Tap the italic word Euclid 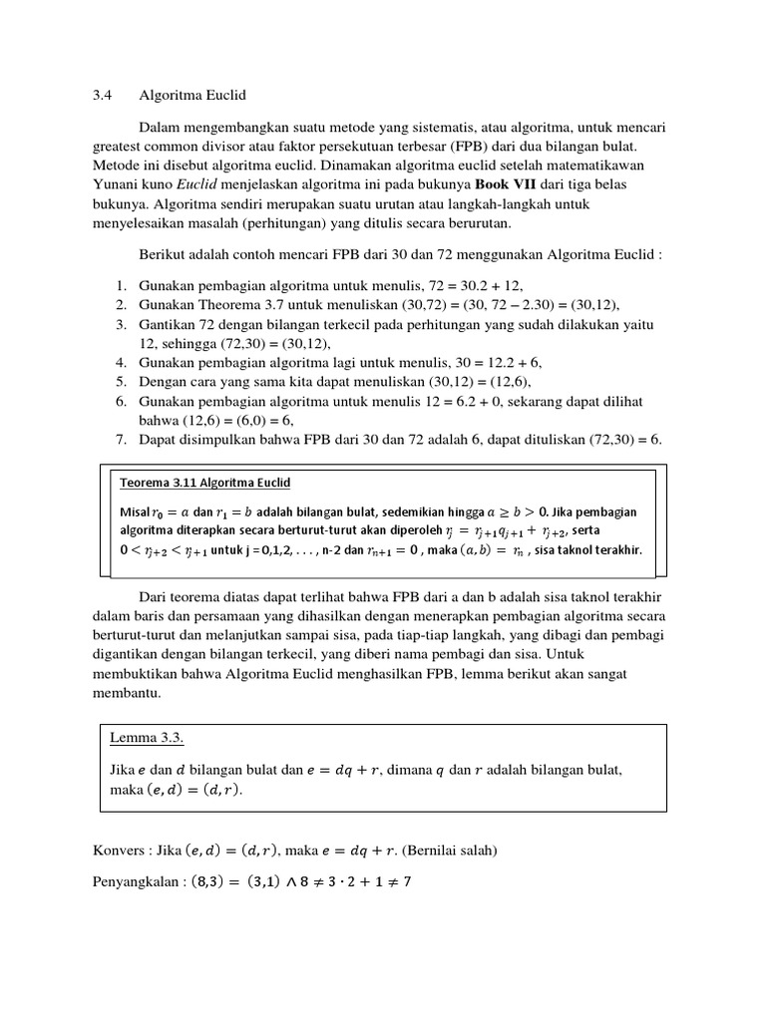pyautogui.click(x=195, y=185)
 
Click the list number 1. pyautogui.click(x=120, y=286)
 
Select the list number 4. pyautogui.click(x=120, y=363)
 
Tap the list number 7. pyautogui.click(x=120, y=439)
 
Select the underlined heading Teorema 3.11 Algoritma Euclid pyautogui.click(x=204, y=484)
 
